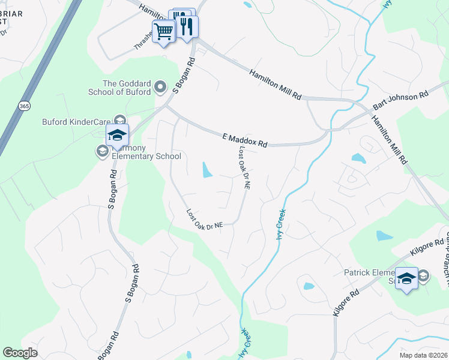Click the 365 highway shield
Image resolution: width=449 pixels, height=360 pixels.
coord(24,106)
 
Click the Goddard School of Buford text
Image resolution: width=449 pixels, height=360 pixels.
coord(126,88)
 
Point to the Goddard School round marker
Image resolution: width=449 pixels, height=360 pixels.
coord(160,88)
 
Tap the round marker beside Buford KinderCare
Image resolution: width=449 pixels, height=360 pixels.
coord(119,120)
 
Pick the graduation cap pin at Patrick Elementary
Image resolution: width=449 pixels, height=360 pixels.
coord(407,278)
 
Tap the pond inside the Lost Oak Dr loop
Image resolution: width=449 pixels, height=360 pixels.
coord(207,170)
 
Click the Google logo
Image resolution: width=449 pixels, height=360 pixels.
coord(20,353)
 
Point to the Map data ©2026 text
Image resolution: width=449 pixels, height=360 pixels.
coord(424,355)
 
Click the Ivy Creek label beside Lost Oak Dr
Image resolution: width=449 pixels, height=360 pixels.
coord(280,224)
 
